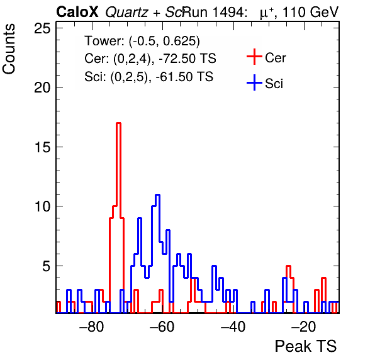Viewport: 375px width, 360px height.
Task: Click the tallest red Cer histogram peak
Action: [x=118, y=123]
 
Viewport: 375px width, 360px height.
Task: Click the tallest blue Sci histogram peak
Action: [x=157, y=195]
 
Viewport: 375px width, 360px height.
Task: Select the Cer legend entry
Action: [x=266, y=57]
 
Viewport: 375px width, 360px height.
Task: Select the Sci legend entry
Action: [x=265, y=83]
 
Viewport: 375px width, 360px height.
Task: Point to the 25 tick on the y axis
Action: [x=43, y=28]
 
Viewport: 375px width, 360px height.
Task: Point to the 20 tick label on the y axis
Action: [x=43, y=87]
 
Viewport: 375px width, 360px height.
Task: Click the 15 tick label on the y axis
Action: [x=43, y=147]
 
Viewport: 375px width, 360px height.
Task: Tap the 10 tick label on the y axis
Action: [x=43, y=206]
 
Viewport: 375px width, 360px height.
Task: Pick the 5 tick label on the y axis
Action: [x=47, y=266]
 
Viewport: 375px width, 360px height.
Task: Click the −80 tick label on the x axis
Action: [x=92, y=327]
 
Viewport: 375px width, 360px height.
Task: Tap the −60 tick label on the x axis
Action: [x=162, y=327]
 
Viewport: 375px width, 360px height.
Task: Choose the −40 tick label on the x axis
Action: [x=233, y=327]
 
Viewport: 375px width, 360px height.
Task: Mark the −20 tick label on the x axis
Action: [x=304, y=327]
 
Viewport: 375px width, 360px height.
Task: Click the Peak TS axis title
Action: [x=306, y=346]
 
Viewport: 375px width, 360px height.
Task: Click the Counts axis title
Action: [x=9, y=49]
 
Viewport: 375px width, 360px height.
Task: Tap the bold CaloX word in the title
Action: [x=77, y=12]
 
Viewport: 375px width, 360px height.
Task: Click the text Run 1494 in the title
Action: [x=214, y=12]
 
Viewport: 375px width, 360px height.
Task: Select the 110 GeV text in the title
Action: [x=310, y=12]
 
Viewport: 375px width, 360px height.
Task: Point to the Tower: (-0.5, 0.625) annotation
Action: [x=142, y=41]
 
